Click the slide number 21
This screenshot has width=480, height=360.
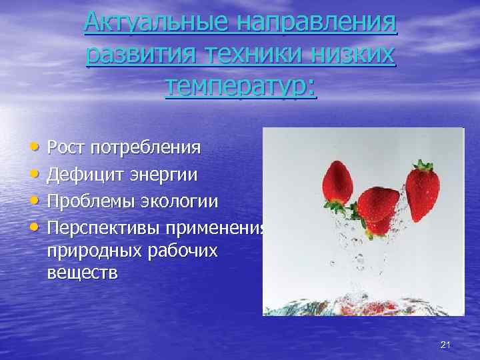446,344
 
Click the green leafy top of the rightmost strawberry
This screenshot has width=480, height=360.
423,166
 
